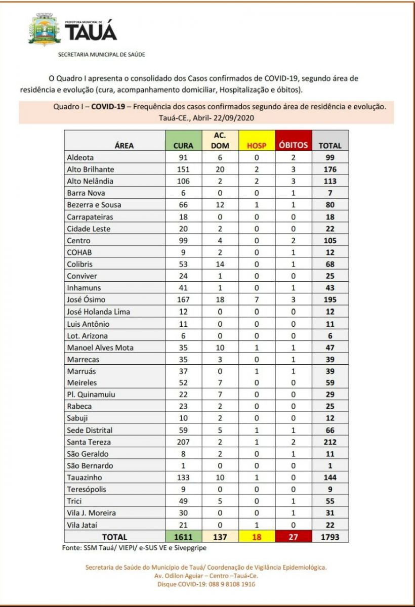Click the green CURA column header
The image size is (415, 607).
coord(183,145)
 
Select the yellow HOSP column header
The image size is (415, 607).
coord(256,145)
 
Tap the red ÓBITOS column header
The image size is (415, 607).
coord(293,145)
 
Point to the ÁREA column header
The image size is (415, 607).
coord(124,145)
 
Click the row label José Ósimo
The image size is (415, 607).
coord(86,299)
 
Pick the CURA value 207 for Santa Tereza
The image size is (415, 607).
coord(183,442)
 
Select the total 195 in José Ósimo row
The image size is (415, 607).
coord(330,299)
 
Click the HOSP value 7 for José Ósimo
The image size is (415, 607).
coord(256,299)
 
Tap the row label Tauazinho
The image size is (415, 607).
coord(85,478)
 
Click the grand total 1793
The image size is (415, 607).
coord(330,537)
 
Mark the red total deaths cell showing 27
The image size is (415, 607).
coord(293,537)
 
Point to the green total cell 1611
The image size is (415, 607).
coord(183,537)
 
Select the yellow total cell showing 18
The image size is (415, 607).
coord(256,537)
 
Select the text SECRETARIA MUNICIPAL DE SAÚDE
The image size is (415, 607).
coord(102,55)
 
